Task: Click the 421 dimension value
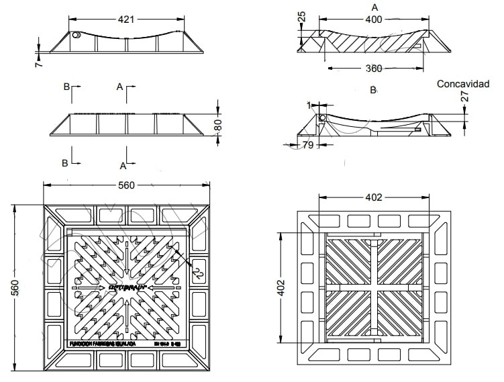pos(126,19)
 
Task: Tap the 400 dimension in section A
pos(373,19)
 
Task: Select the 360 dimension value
pos(374,68)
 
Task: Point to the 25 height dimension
pos(302,17)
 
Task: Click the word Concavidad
pos(463,84)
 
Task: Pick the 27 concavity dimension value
pos(464,97)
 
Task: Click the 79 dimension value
pos(308,144)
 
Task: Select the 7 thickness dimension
pos(39,64)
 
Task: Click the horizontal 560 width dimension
pos(127,186)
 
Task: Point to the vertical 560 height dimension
pos(15,287)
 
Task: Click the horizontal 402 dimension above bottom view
pos(374,197)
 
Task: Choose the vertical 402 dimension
pos(283,287)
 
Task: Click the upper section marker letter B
pos(66,87)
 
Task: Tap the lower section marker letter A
pos(123,165)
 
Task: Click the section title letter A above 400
pos(374,7)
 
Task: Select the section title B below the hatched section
pos(373,89)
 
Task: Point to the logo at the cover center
pos(127,288)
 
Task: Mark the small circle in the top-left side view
pos(76,36)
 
